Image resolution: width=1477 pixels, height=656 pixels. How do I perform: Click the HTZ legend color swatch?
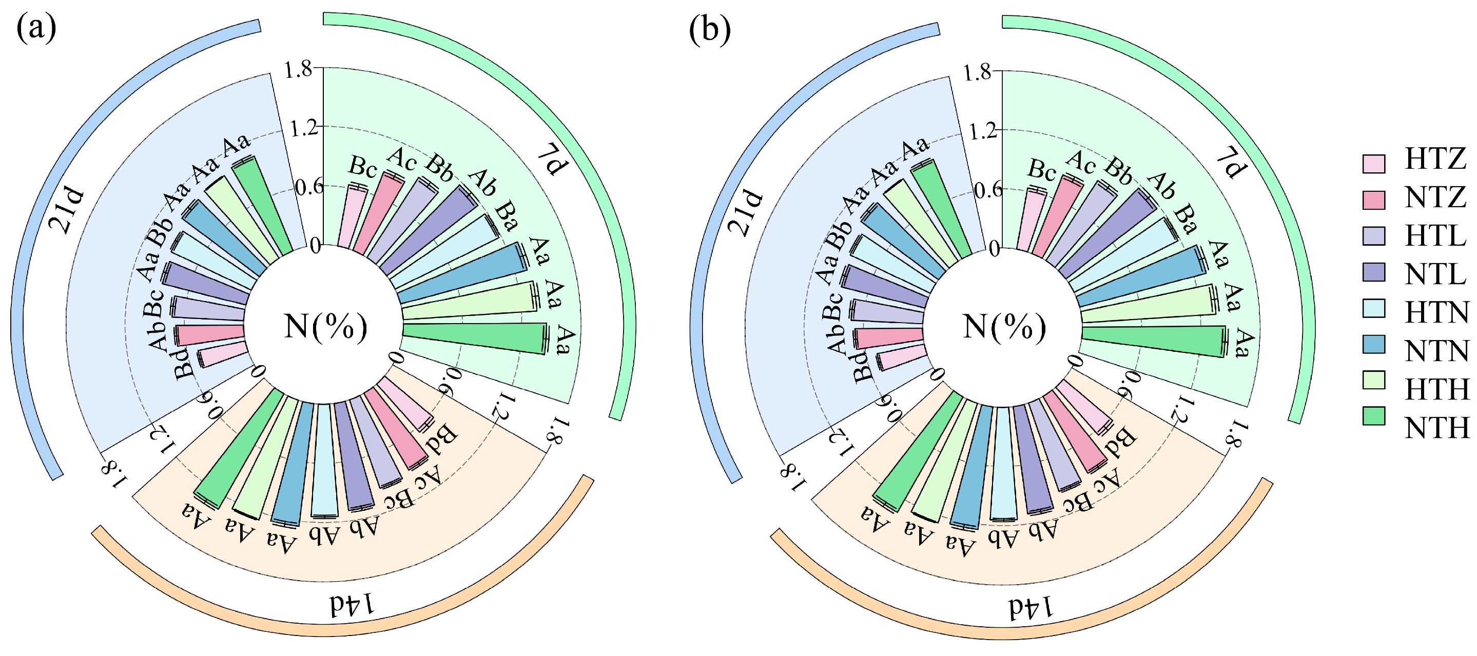click(x=1373, y=163)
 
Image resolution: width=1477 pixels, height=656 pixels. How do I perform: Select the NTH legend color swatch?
click(x=1373, y=416)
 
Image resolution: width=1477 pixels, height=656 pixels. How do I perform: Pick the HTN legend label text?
click(x=1437, y=313)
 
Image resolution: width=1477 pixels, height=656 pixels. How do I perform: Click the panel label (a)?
click(x=36, y=29)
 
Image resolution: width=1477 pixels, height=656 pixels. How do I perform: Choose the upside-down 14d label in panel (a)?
click(x=352, y=604)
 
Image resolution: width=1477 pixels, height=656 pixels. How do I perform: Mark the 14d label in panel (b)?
click(x=1031, y=607)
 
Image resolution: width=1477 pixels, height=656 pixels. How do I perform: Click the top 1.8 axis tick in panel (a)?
click(x=298, y=69)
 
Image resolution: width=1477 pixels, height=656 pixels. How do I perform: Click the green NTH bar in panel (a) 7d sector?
click(x=476, y=338)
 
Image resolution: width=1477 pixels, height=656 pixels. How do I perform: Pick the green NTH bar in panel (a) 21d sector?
click(x=264, y=204)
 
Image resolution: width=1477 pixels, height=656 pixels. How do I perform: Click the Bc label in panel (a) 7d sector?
click(x=363, y=167)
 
